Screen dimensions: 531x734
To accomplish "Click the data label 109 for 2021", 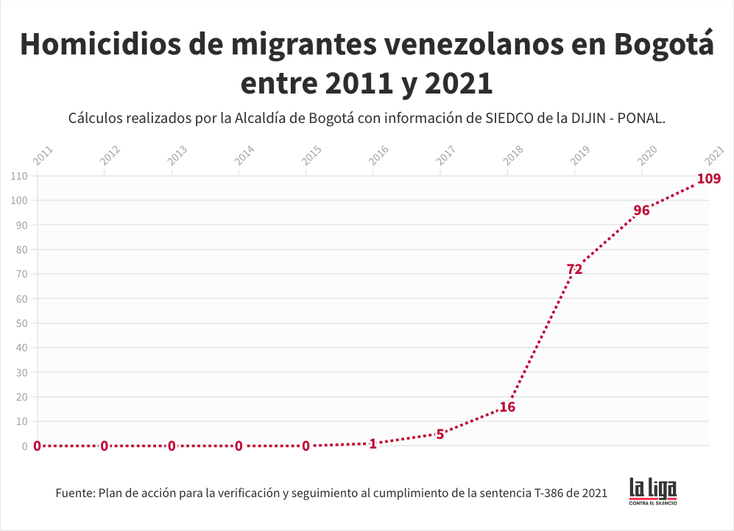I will pyautogui.click(x=708, y=178).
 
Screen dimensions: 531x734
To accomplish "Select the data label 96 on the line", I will pyautogui.click(x=641, y=211).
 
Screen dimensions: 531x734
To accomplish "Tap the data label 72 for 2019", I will pyautogui.click(x=574, y=270).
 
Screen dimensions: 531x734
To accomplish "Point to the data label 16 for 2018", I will pyautogui.click(x=507, y=407).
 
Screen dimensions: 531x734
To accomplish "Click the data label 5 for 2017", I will pyautogui.click(x=440, y=434).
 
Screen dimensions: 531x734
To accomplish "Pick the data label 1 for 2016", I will pyautogui.click(x=373, y=444).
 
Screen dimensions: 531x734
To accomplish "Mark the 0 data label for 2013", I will pyautogui.click(x=172, y=446).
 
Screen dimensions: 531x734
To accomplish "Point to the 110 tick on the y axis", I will pyautogui.click(x=19, y=176).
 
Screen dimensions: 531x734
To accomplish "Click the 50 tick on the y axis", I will pyautogui.click(x=21, y=323).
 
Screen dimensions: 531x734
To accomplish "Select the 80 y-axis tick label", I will pyautogui.click(x=21, y=250).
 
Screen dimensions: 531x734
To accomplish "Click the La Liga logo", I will pyautogui.click(x=652, y=491).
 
